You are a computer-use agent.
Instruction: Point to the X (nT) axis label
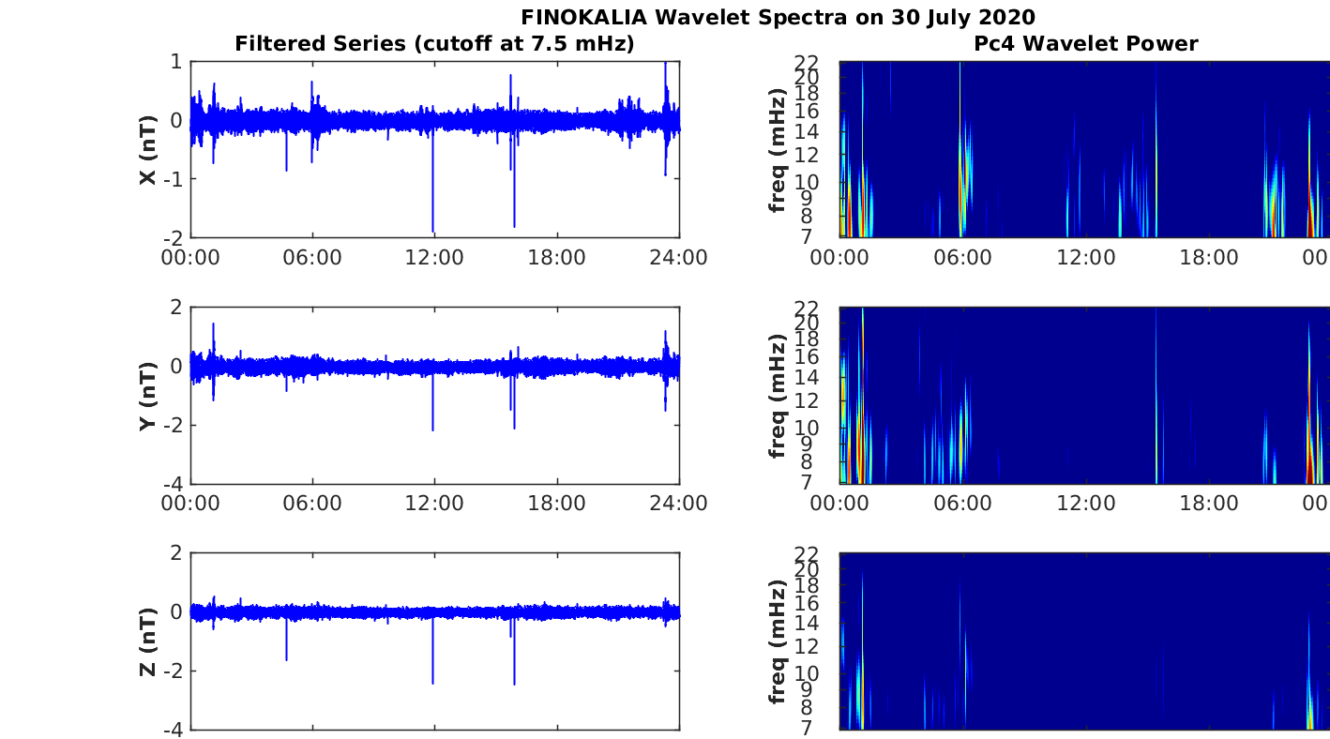[x=147, y=149]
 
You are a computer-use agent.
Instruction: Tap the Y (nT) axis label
[x=147, y=395]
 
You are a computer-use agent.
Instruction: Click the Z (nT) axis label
[x=147, y=641]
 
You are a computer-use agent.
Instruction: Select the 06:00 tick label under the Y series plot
[x=312, y=504]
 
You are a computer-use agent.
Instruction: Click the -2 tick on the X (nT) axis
[x=174, y=237]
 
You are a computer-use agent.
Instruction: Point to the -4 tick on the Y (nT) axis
[x=174, y=484]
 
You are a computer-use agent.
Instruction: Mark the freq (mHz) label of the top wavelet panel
[x=778, y=149]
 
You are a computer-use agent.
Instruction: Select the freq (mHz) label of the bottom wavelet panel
[x=778, y=641]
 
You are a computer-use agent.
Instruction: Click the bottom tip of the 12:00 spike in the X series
[x=432, y=231]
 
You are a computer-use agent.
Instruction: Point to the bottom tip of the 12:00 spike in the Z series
[x=432, y=683]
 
